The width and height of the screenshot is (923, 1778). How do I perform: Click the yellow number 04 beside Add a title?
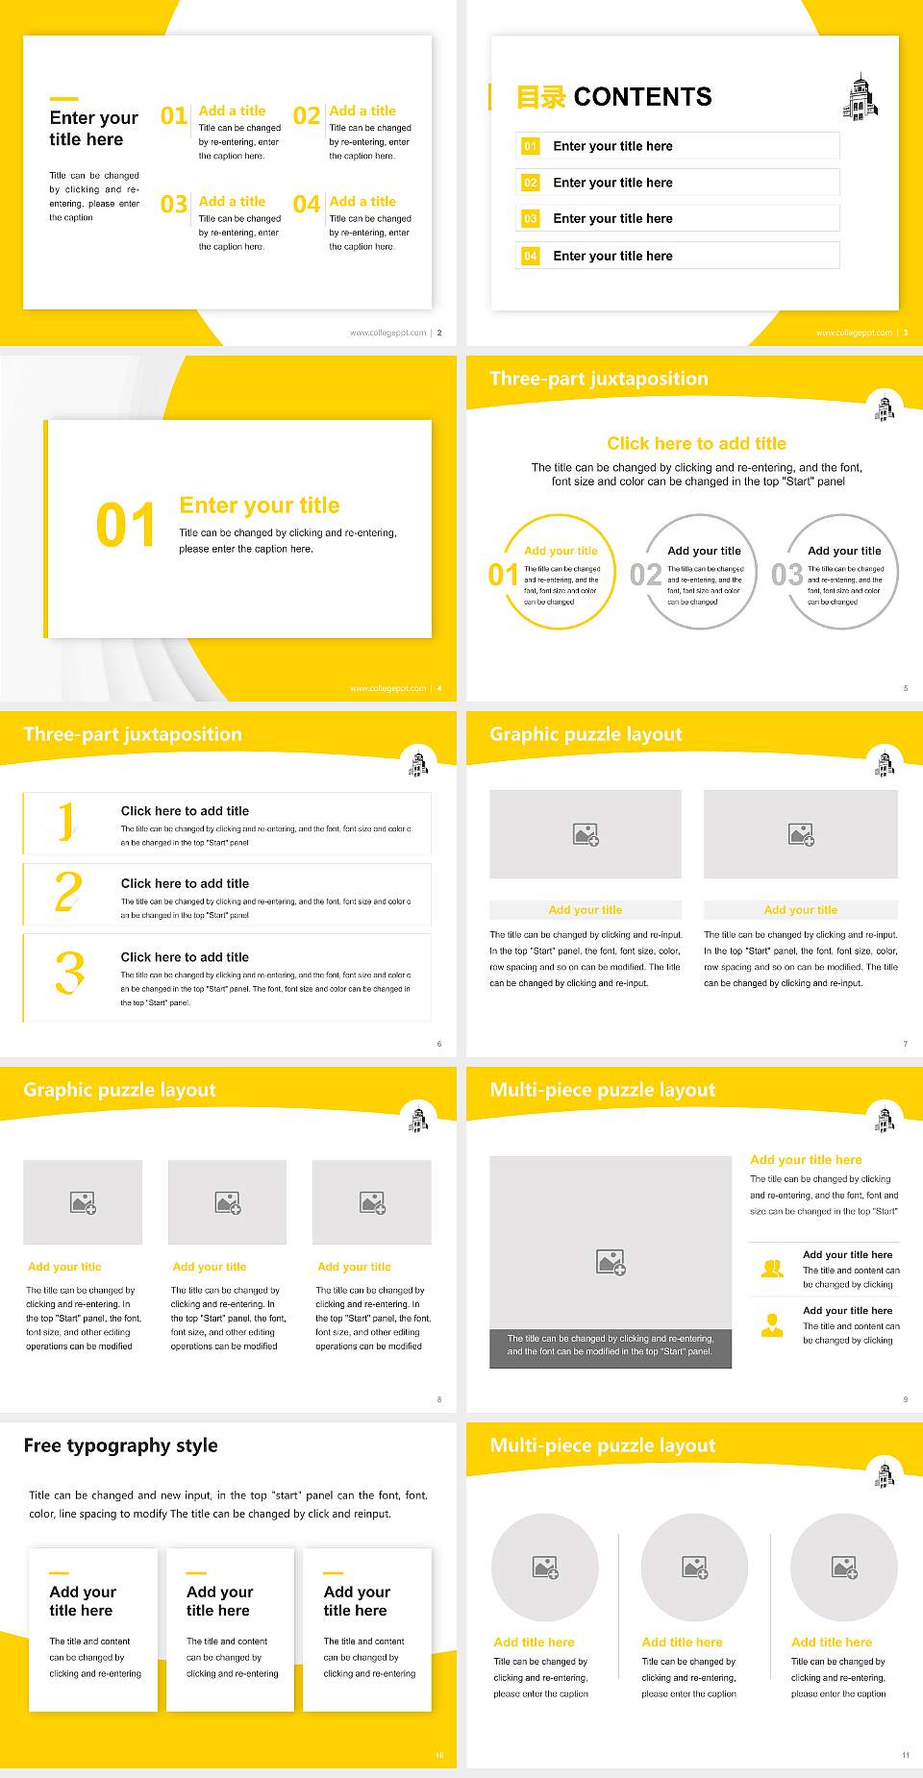coord(307,204)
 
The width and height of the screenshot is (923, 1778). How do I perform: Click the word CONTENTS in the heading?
coord(642,97)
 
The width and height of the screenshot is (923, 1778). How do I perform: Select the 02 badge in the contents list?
coord(531,183)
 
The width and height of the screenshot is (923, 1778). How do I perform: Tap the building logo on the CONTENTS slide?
coord(860,97)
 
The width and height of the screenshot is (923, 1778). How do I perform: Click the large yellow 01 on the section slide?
coord(125,526)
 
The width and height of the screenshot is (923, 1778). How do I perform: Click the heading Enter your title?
coord(259,506)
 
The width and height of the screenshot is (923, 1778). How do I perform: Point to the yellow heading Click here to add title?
coord(696,443)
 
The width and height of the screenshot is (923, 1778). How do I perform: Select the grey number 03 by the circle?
coord(786,575)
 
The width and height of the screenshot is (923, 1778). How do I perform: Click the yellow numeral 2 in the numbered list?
coord(68,892)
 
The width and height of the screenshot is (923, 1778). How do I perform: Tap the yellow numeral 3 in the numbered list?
coord(69,973)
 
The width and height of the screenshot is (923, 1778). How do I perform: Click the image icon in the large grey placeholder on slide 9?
coord(611,1262)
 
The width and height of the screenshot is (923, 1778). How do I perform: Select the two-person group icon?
coord(772,1269)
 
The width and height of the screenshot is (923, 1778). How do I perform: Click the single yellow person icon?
coord(772,1325)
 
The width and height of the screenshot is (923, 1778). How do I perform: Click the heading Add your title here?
coord(806,1160)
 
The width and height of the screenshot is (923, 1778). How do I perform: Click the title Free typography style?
coord(120,1445)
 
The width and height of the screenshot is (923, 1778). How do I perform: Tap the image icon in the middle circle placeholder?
coord(695,1568)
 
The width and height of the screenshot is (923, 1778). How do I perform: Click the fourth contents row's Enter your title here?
coord(612,256)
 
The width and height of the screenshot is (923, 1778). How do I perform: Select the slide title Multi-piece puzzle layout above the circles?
coord(602,1445)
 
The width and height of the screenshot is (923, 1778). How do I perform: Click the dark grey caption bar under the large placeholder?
coord(611,1346)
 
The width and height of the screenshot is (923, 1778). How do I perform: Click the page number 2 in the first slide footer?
coord(439,333)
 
